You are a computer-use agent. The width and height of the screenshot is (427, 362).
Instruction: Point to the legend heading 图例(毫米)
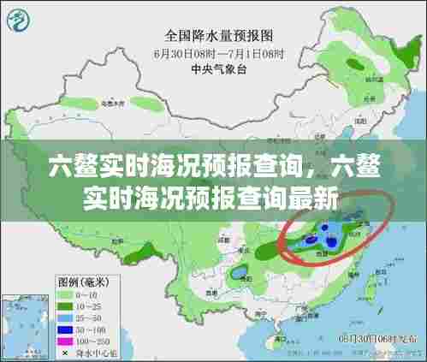pos(82,281)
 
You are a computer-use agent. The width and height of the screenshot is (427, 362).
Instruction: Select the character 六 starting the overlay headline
pos(61,165)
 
